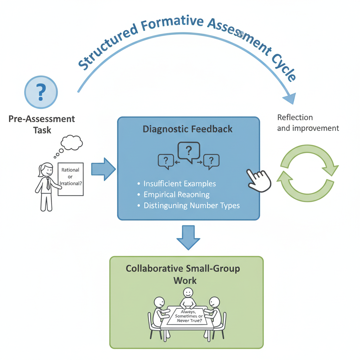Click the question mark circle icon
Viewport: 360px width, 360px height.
pyautogui.click(x=41, y=92)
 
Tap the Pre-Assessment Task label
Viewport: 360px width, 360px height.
pyautogui.click(x=42, y=124)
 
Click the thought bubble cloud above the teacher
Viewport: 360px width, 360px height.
pyautogui.click(x=72, y=142)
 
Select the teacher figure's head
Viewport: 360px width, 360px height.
pyautogui.click(x=46, y=169)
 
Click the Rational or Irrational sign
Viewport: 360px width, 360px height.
pyautogui.click(x=70, y=179)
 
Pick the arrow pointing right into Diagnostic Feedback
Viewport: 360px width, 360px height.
pyautogui.click(x=103, y=169)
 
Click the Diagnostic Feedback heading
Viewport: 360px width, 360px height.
pyautogui.click(x=187, y=129)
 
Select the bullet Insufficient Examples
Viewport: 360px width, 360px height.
pyautogui.click(x=180, y=184)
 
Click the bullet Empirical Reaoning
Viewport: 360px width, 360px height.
pyautogui.click(x=176, y=194)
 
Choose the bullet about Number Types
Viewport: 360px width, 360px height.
pyautogui.click(x=192, y=206)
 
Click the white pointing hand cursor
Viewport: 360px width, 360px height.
pyautogui.click(x=259, y=180)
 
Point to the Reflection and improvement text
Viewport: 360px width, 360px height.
pyautogui.click(x=308, y=123)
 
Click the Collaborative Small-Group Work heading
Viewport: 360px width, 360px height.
pyautogui.click(x=183, y=274)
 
